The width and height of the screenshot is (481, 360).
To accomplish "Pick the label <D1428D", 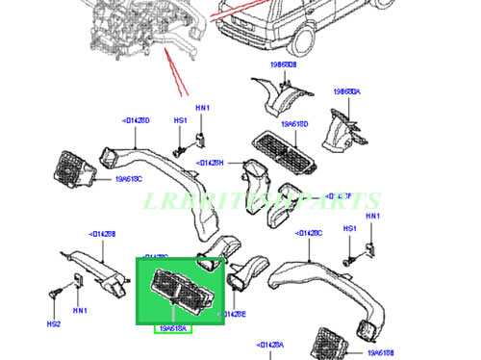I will pos(136,120).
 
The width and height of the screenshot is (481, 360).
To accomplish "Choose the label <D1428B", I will pos(102,234).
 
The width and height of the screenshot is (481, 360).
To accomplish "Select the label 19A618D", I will pos(294,124).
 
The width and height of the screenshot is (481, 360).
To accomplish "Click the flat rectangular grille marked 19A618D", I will pos(282,152).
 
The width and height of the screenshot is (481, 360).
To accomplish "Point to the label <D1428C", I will pos(308,232).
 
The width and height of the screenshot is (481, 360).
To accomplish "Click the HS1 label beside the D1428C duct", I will pos(351,229).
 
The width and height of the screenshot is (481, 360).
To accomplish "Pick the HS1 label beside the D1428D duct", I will pos(180,120).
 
